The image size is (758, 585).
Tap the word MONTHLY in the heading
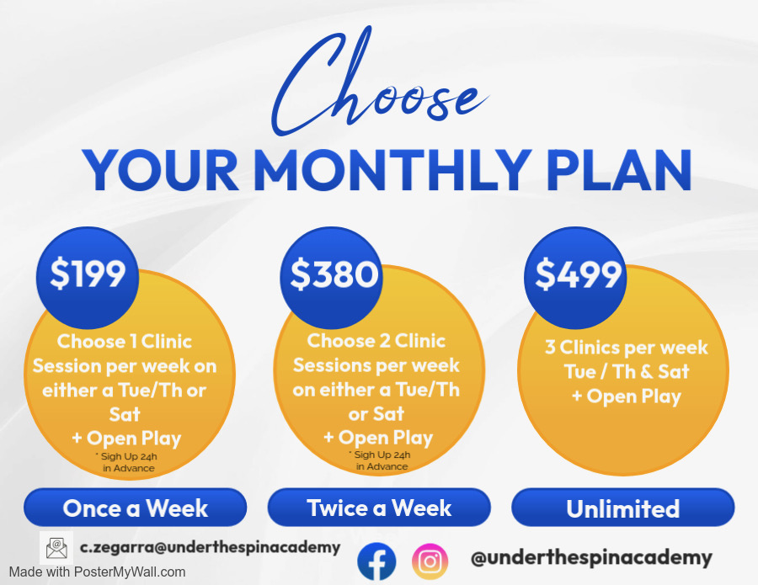(x=392, y=170)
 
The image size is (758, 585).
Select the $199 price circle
(x=88, y=277)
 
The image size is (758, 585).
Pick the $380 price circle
(x=331, y=277)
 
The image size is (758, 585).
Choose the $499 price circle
(x=575, y=277)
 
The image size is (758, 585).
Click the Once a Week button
(x=136, y=508)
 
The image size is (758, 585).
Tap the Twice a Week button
(x=379, y=508)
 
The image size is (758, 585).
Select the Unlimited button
(x=623, y=508)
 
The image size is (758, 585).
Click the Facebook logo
(x=376, y=561)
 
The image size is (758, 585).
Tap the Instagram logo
(x=430, y=561)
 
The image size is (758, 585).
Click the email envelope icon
(x=56, y=548)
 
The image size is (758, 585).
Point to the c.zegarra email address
(x=211, y=547)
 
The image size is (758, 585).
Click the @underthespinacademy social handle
(x=591, y=558)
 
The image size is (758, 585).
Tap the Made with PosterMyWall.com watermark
(x=97, y=572)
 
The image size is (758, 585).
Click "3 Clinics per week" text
(x=627, y=348)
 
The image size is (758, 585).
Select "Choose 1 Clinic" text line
(x=125, y=342)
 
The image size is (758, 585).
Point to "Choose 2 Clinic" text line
(x=376, y=341)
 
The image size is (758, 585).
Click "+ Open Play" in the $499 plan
(x=627, y=396)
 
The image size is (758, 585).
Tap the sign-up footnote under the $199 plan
(x=126, y=462)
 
